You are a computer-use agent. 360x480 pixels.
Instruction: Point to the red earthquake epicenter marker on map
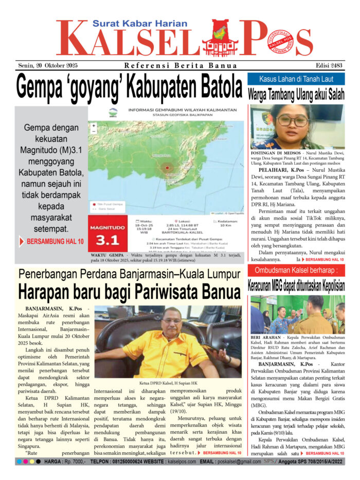167,168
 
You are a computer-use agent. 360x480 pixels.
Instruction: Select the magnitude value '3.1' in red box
107,240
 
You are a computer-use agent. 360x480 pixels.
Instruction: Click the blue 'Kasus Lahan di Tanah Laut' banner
296,79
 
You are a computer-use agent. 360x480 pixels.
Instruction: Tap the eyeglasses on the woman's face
292,120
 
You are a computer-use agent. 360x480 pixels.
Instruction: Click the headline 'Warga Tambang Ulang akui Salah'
296,95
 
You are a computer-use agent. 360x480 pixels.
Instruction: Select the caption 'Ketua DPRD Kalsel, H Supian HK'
168,383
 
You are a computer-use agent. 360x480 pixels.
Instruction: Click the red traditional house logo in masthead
220,40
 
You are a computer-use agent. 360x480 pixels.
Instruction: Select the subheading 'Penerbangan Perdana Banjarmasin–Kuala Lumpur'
129,274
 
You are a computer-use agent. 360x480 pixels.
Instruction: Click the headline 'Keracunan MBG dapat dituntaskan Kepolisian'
296,286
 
